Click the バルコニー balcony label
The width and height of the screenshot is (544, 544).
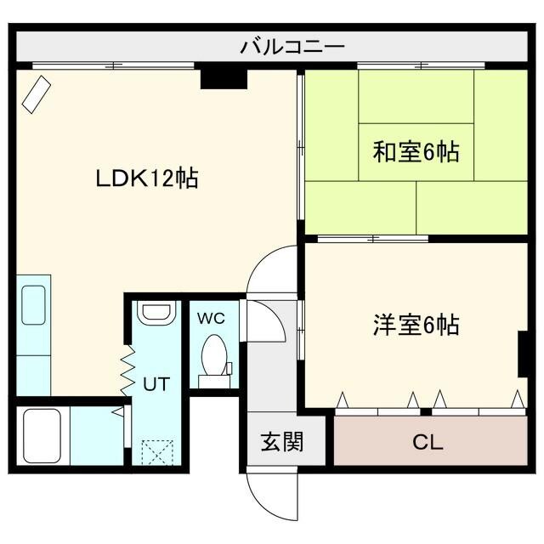292,45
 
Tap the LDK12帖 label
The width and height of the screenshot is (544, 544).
146,178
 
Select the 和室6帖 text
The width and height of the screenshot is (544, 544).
416,152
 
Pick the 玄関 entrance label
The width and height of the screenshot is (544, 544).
281,443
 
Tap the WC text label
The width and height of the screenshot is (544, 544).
211,319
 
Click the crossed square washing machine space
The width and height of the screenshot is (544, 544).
156,450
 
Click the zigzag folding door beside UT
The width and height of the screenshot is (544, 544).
128,369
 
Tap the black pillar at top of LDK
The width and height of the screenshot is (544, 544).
224,79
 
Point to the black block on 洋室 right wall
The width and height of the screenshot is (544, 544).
523,353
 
